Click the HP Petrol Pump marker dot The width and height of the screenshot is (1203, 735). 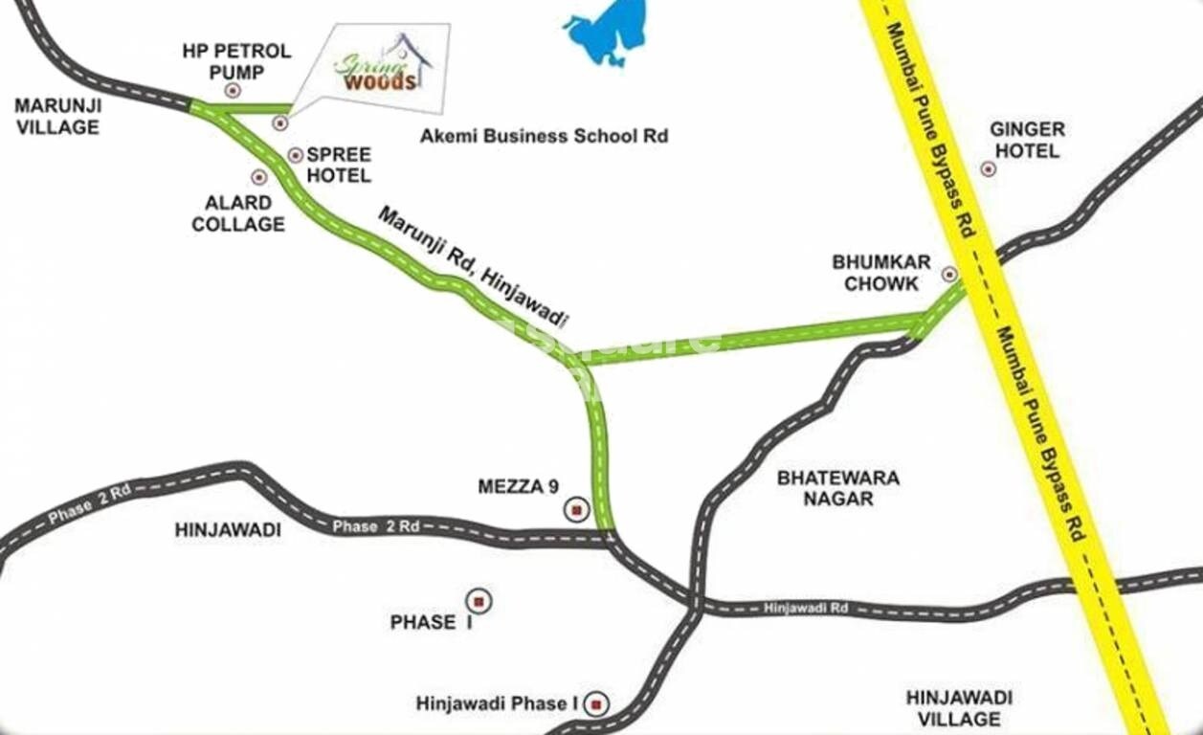click(232, 90)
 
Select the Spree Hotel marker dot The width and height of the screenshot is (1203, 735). click(295, 155)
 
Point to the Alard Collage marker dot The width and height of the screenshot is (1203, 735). click(258, 177)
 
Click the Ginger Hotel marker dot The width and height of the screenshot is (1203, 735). click(989, 169)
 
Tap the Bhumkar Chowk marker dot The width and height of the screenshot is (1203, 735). click(949, 274)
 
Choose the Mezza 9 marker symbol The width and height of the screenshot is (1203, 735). click(576, 510)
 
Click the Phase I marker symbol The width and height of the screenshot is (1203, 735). click(479, 601)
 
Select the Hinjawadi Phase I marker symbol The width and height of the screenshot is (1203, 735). click(597, 704)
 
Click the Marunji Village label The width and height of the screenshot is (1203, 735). click(57, 115)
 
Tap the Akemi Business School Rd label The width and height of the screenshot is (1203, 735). click(544, 136)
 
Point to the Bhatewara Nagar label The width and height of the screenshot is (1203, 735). click(838, 487)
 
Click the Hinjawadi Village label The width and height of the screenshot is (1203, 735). click(958, 708)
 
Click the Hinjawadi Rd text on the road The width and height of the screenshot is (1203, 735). click(806, 607)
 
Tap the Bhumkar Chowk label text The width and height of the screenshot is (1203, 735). click(876, 273)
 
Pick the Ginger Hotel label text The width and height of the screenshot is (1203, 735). click(1027, 140)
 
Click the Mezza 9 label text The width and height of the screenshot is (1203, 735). click(518, 487)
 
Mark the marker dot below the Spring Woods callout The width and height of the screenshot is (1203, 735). click(280, 122)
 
